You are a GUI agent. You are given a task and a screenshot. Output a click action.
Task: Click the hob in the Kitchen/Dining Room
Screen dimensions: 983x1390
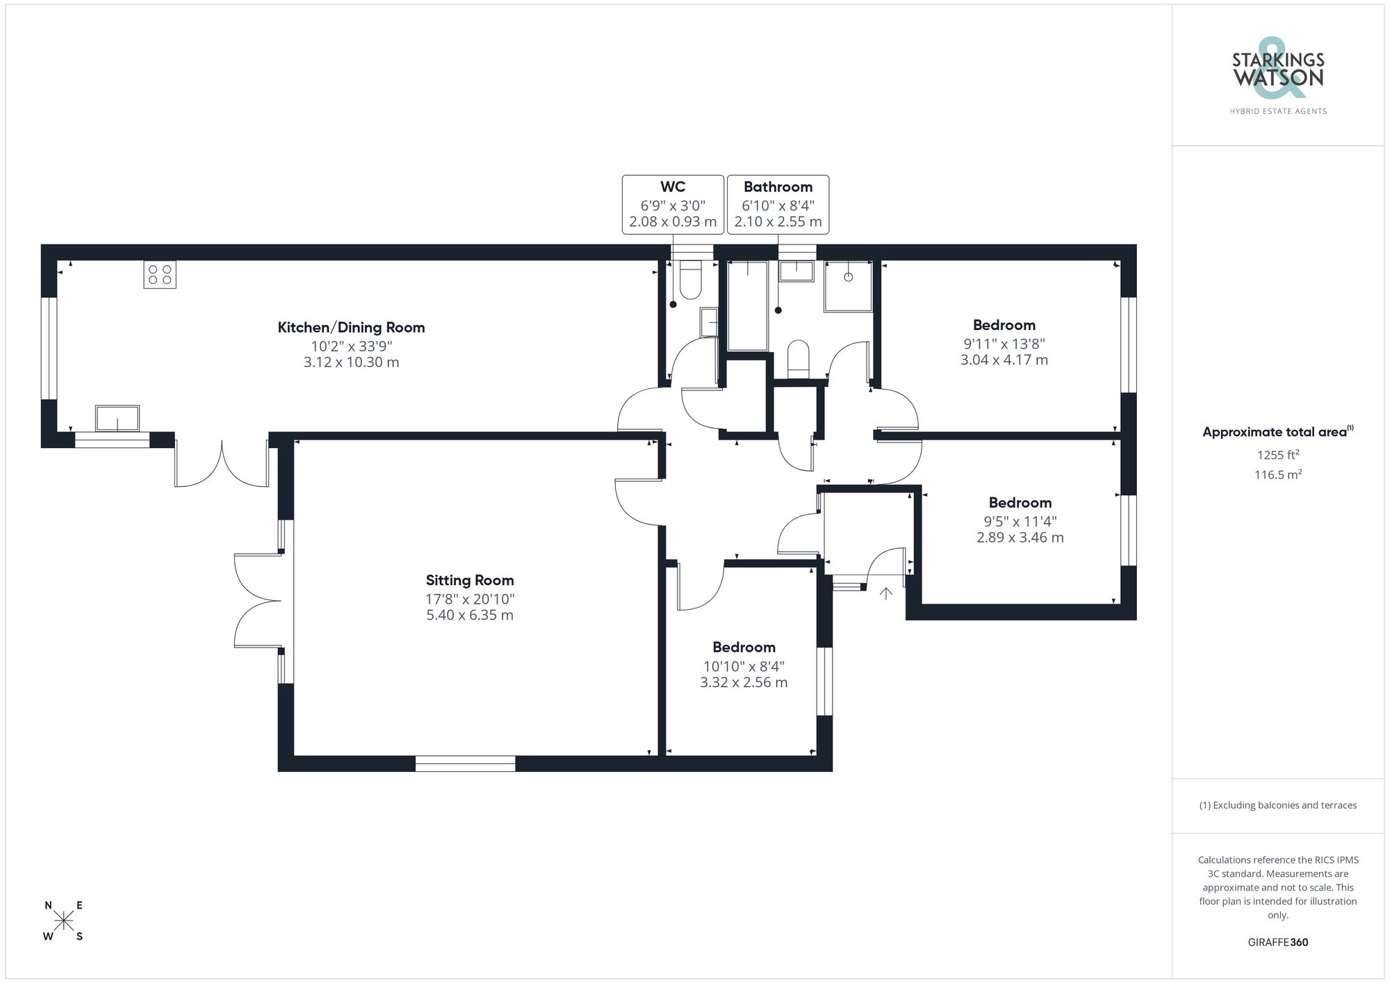click(x=159, y=274)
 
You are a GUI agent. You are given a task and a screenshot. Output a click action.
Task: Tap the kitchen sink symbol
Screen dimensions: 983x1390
click(x=117, y=419)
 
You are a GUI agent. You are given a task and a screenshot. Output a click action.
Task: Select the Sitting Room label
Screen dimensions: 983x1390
click(x=470, y=580)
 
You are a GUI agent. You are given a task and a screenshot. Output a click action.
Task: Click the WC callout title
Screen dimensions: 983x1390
click(x=672, y=187)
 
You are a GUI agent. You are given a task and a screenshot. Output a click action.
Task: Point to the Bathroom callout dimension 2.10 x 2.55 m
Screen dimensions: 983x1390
click(x=778, y=222)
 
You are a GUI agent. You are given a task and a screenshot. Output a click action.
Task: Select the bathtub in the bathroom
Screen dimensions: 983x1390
click(x=747, y=306)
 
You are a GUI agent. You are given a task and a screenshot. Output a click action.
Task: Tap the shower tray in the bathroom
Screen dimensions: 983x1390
click(x=848, y=286)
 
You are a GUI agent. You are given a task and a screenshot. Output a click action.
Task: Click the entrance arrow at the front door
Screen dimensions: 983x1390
click(x=886, y=593)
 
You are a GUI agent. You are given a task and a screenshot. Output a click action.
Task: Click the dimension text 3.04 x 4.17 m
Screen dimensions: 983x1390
click(x=1004, y=360)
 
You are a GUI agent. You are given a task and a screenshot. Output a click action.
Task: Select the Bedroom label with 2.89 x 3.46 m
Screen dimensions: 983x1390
click(x=1020, y=502)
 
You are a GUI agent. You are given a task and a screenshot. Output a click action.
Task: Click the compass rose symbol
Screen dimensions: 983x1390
click(x=63, y=921)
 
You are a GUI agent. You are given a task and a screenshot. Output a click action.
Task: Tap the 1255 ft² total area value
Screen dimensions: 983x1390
click(x=1277, y=455)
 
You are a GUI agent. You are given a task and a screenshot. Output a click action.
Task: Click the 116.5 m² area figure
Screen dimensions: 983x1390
click(x=1277, y=475)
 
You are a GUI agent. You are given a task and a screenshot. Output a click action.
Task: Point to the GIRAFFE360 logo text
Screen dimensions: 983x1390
click(x=1277, y=942)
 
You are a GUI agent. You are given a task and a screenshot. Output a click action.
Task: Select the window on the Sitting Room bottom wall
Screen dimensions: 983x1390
click(x=465, y=763)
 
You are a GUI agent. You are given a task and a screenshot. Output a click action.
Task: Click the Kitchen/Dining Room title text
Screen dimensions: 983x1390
click(x=351, y=327)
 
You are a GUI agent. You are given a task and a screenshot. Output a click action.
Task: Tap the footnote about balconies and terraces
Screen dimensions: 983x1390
click(x=1277, y=805)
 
